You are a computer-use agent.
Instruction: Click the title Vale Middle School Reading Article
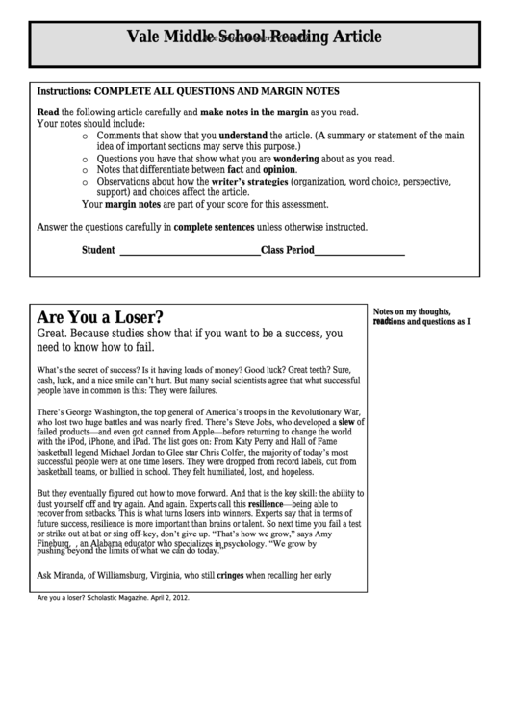click(x=254, y=37)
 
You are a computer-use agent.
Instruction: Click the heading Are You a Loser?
click(x=100, y=317)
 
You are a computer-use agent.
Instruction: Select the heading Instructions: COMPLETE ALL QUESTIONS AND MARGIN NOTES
click(x=188, y=91)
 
